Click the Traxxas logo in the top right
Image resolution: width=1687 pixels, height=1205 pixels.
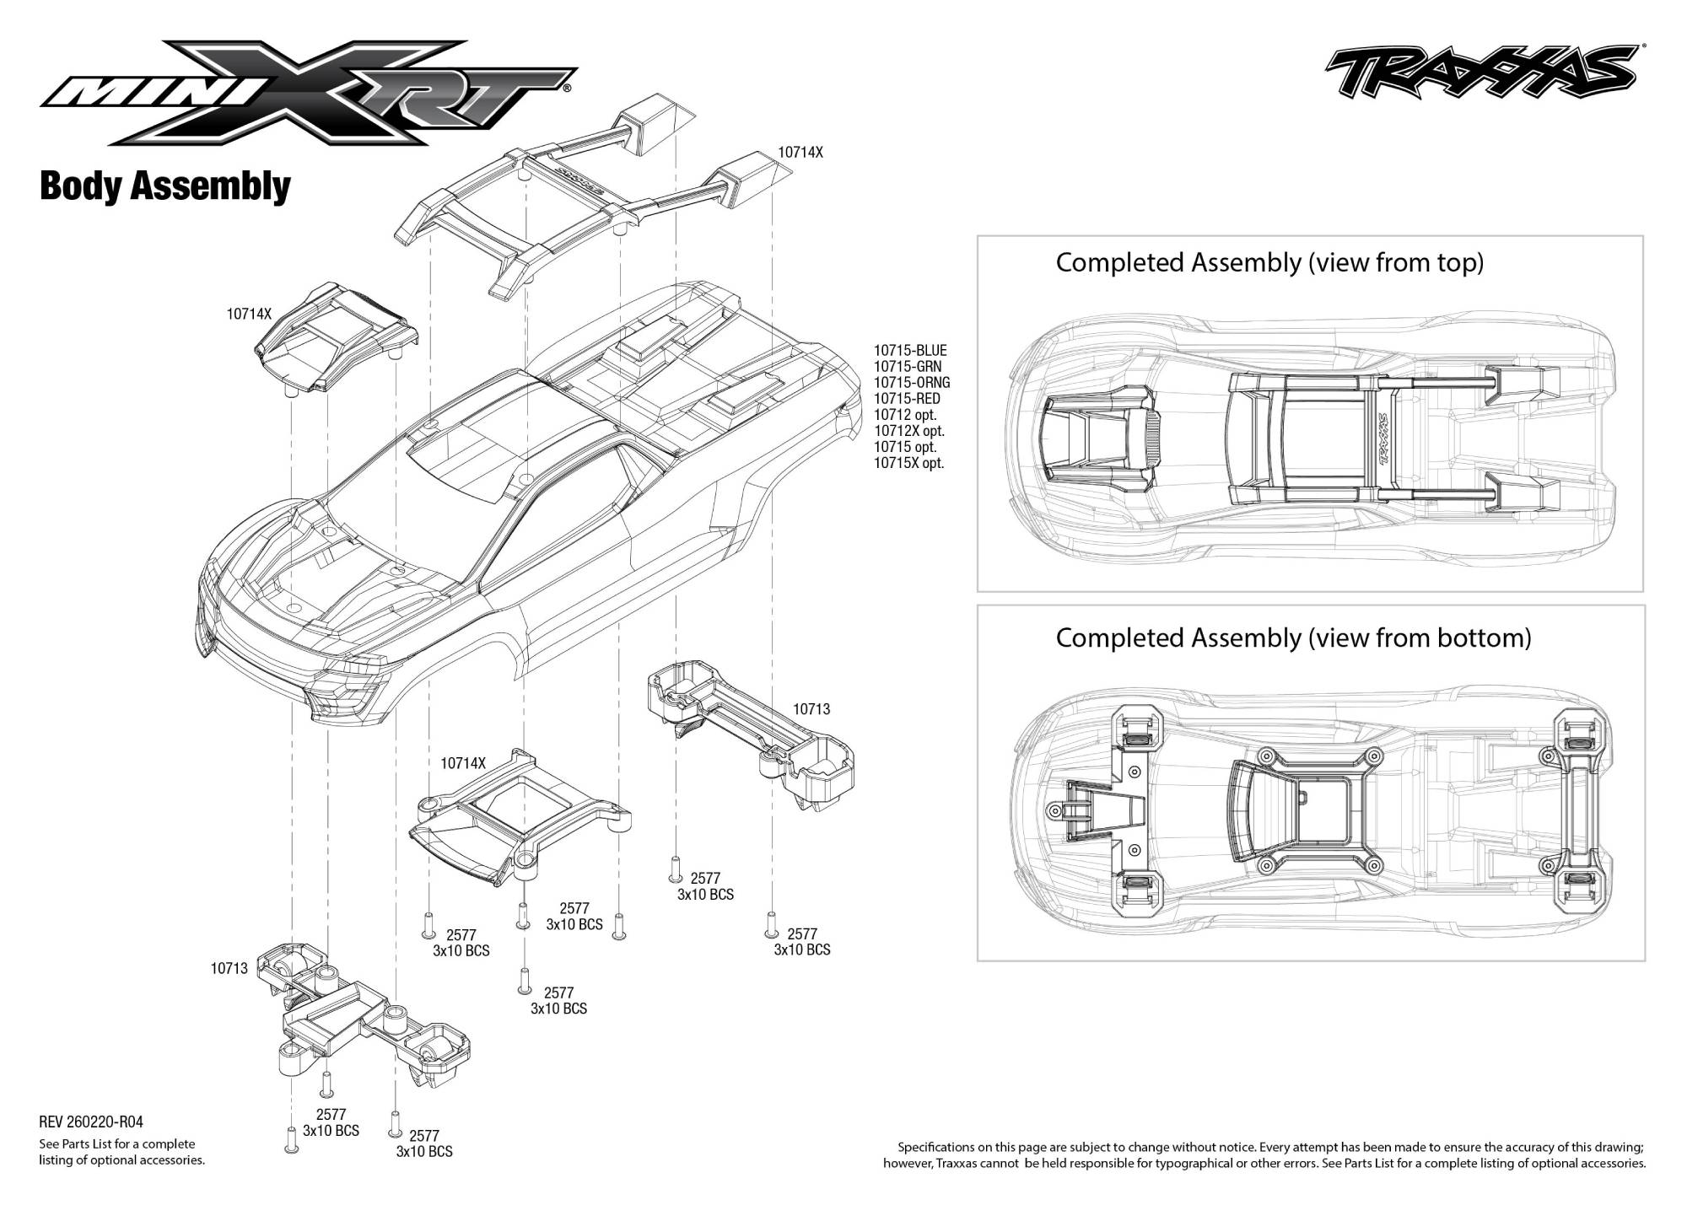pos(1479,73)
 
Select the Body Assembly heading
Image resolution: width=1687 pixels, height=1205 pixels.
pos(165,186)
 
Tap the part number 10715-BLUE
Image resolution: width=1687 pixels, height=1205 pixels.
pos(910,351)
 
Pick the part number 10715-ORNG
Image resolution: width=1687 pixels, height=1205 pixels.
pos(912,383)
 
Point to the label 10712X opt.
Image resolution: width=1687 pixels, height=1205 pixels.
pos(909,431)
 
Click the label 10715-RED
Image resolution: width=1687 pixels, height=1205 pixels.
pos(907,399)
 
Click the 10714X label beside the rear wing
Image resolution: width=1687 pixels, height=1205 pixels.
pos(800,153)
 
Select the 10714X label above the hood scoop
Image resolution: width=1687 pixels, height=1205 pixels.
pos(249,314)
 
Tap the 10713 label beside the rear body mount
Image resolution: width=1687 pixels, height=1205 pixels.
pos(811,709)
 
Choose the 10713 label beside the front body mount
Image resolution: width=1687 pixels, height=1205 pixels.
pos(229,968)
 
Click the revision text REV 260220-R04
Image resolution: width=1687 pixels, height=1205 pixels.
pos(91,1122)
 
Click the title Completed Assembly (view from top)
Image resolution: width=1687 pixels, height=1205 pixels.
pos(1269,263)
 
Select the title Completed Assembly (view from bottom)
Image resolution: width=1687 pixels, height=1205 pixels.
pos(1293,637)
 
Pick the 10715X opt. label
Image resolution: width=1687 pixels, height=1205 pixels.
pos(909,463)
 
